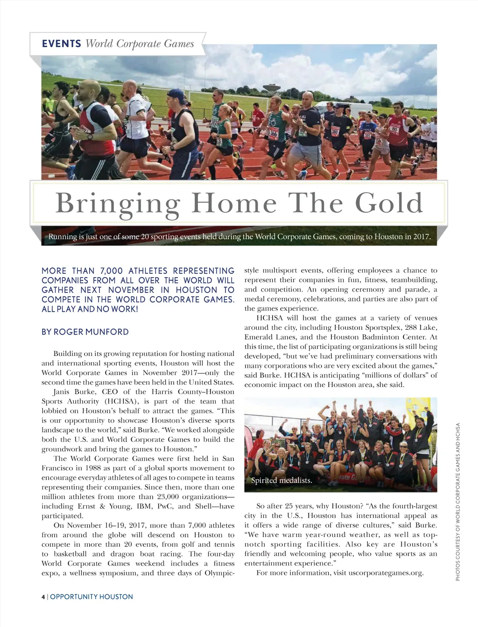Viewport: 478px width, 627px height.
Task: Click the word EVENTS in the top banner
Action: pyautogui.click(x=61, y=44)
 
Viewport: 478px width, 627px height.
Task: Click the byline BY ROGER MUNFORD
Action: pyautogui.click(x=85, y=332)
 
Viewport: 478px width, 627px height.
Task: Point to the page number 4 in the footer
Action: pyautogui.click(x=43, y=597)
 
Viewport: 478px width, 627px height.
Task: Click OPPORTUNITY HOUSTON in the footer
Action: pyautogui.click(x=91, y=597)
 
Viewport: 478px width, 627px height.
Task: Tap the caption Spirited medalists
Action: pyautogui.click(x=281, y=481)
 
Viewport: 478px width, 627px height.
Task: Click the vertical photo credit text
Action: pyautogui.click(x=458, y=502)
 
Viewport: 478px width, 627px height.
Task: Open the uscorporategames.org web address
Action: pyautogui.click(x=386, y=573)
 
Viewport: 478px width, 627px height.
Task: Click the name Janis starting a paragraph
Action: pyautogui.click(x=63, y=392)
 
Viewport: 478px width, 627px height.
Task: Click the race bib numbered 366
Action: pyautogui.click(x=273, y=133)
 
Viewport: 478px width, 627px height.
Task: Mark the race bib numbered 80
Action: pyautogui.click(x=394, y=129)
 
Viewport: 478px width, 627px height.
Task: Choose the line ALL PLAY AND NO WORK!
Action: pyautogui.click(x=90, y=309)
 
